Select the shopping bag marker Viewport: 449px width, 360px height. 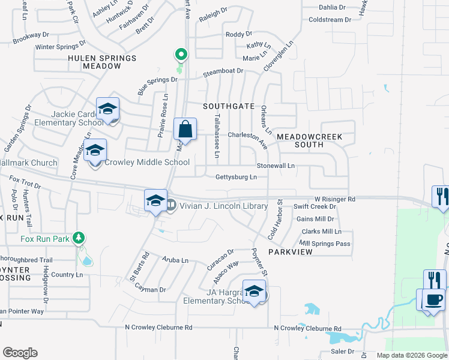(x=185, y=129)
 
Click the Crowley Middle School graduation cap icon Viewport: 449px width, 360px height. (x=95, y=151)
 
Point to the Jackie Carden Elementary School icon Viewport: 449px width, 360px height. (x=107, y=109)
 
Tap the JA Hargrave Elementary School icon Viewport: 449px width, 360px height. (x=255, y=292)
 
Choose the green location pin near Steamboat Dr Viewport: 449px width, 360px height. (x=180, y=55)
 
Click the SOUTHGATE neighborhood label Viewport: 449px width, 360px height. (x=229, y=106)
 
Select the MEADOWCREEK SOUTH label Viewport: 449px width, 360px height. (x=309, y=140)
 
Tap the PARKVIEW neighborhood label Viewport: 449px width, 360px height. (x=291, y=252)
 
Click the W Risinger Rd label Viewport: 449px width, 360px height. (x=335, y=199)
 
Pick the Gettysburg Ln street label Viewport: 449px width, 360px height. (x=237, y=177)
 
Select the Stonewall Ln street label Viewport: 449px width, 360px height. (x=276, y=165)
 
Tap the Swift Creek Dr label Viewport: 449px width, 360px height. (x=315, y=206)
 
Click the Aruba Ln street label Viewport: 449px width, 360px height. (x=175, y=260)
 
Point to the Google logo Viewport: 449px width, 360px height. (x=20, y=353)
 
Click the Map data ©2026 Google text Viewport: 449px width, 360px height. (x=412, y=355)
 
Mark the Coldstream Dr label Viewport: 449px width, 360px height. (x=330, y=20)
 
